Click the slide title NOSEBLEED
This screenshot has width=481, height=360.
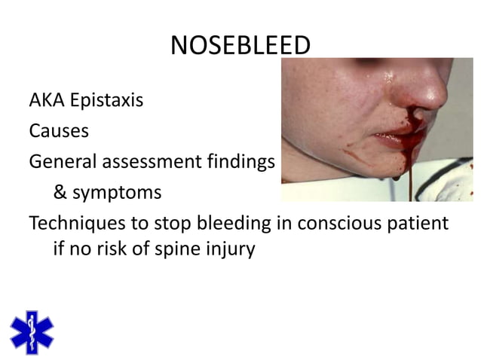(x=240, y=47)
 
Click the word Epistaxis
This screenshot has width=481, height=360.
(x=107, y=100)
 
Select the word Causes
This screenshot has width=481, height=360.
(x=59, y=131)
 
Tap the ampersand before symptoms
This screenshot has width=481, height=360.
(x=60, y=193)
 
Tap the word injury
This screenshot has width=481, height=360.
(x=229, y=249)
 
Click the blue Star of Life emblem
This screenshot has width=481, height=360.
(x=32, y=331)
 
